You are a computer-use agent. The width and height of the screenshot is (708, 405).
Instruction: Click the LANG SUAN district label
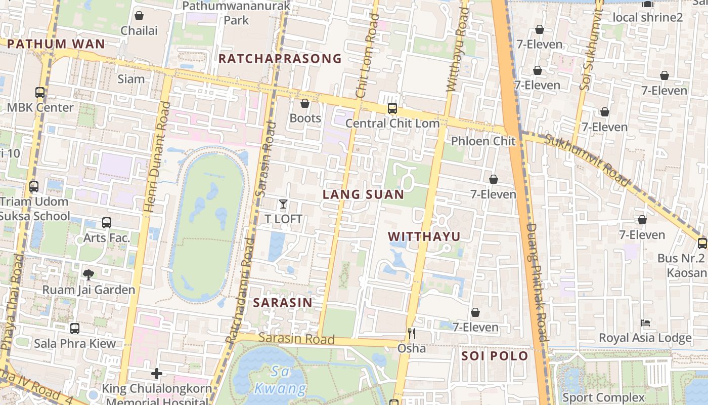pos(363,194)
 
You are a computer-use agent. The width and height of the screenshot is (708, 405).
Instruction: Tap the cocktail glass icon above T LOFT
pos(283,205)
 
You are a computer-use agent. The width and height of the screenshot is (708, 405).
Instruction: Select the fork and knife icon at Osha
pos(412,333)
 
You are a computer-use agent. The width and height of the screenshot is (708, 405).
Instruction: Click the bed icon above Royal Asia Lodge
pos(645,322)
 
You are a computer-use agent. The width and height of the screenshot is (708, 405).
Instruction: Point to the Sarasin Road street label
pos(296,339)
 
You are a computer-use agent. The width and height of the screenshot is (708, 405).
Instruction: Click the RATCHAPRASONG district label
pos(280,59)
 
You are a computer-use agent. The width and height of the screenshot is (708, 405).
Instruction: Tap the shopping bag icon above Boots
pos(305,104)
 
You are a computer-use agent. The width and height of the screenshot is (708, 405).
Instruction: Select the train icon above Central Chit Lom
pos(392,108)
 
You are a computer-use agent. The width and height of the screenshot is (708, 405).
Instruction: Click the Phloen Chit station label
pos(482,141)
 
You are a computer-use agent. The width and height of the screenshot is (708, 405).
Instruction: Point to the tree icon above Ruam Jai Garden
pos(88,275)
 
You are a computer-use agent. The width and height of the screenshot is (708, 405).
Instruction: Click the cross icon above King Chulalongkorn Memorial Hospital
pos(157,374)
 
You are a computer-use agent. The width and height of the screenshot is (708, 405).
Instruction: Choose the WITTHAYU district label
pos(424,236)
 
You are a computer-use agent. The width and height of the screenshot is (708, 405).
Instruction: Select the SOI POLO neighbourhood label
pos(495,356)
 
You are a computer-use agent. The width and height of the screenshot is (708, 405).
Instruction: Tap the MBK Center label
pos(40,107)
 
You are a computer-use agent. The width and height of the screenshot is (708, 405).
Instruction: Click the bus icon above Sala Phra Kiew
pos(75,329)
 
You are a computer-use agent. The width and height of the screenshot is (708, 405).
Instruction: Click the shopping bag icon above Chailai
pos(139,16)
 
